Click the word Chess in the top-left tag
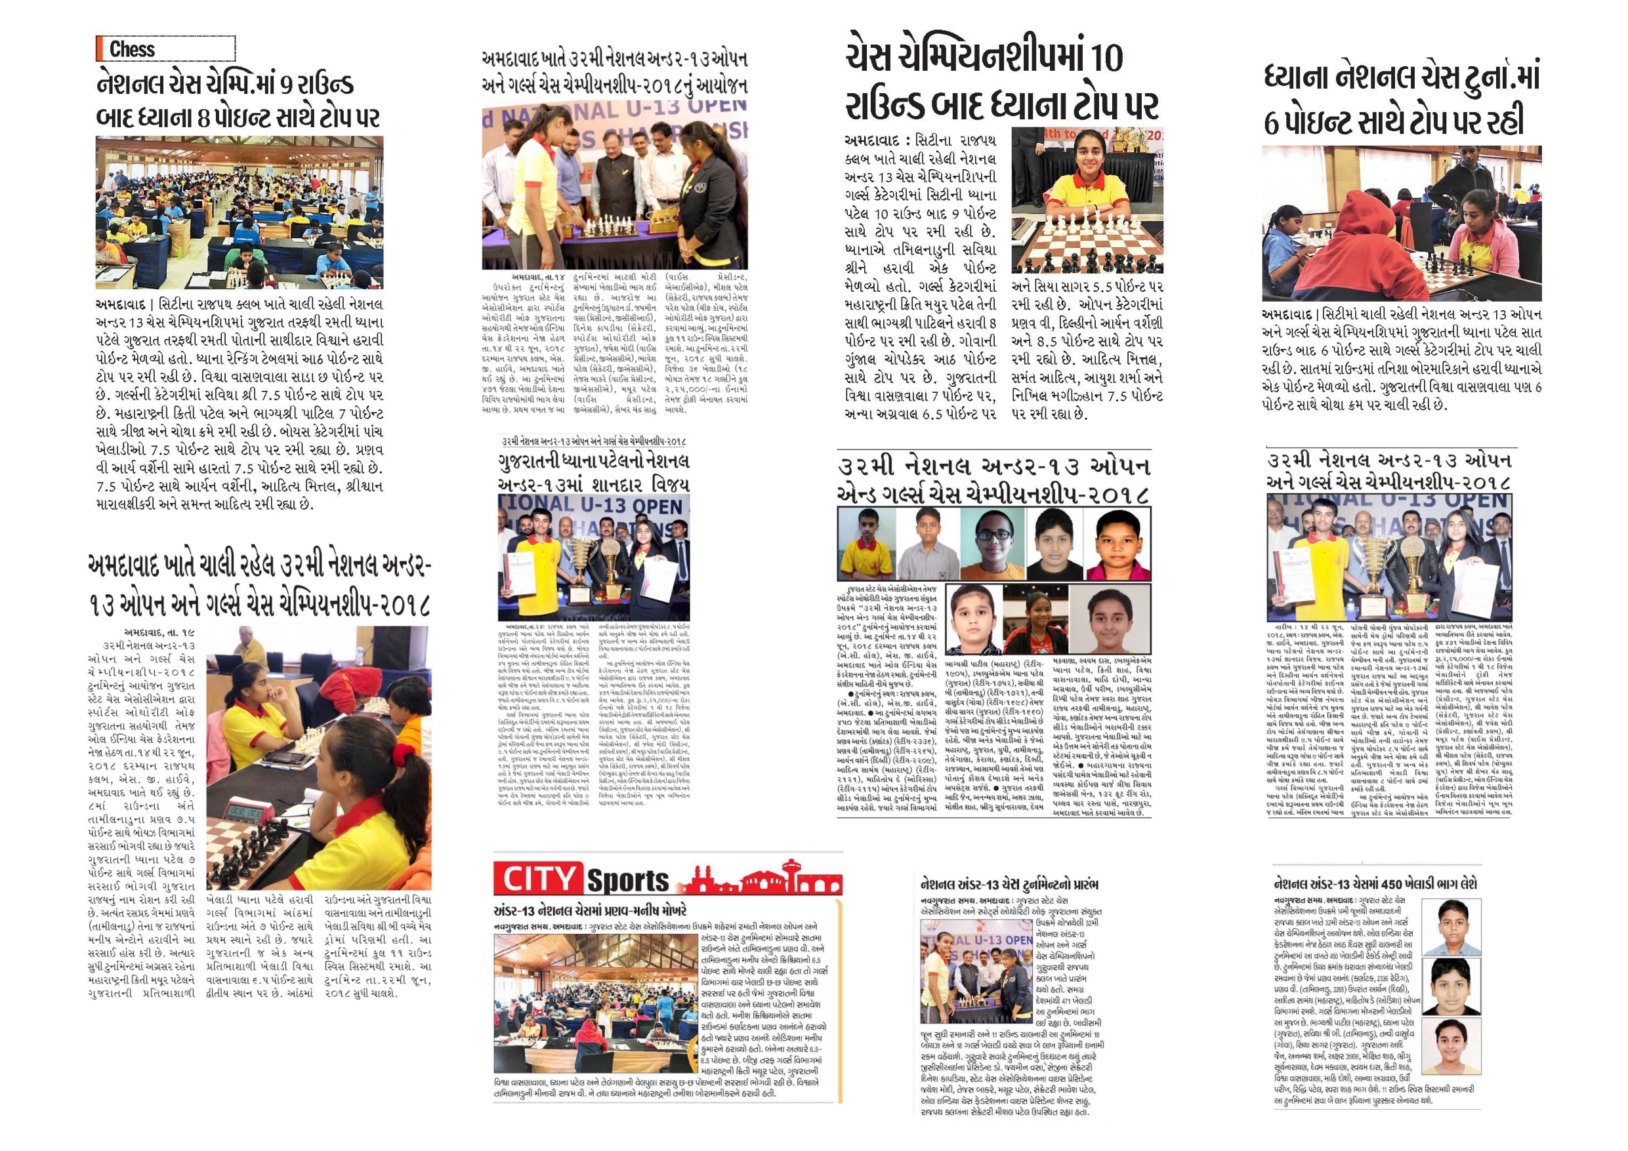coord(132,50)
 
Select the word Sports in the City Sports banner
coord(627,881)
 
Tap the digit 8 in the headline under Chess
coord(203,117)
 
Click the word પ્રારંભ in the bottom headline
coord(1074,885)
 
